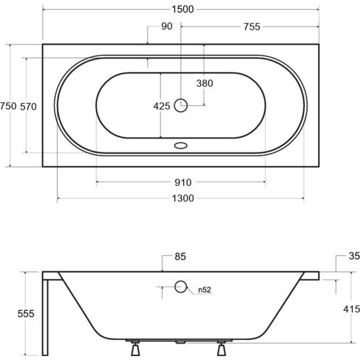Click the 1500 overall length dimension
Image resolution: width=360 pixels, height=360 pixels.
[183, 9]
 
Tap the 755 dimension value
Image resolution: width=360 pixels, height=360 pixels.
[252, 27]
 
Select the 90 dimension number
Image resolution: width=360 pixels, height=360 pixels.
[167, 26]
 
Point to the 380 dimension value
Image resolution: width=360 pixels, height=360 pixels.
[204, 83]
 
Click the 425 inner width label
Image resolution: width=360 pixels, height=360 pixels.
[162, 106]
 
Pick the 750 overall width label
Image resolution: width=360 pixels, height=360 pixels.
[9, 106]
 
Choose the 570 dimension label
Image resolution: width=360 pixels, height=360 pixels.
[28, 107]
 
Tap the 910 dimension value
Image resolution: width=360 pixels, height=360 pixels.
[183, 183]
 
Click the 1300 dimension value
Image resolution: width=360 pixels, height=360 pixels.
[183, 198]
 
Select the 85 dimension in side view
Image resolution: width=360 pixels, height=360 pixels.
[180, 256]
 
